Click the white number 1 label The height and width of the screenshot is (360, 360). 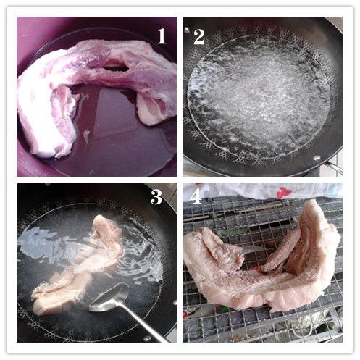point(162,36)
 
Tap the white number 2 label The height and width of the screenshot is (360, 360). point(199,37)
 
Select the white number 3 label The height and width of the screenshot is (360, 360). point(156,197)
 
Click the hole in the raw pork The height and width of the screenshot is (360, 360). point(115,67)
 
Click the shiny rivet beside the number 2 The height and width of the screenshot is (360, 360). point(186,30)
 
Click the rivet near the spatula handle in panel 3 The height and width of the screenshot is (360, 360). point(147,338)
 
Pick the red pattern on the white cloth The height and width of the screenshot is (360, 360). point(285,193)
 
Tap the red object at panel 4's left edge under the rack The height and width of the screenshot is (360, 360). point(185,314)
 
